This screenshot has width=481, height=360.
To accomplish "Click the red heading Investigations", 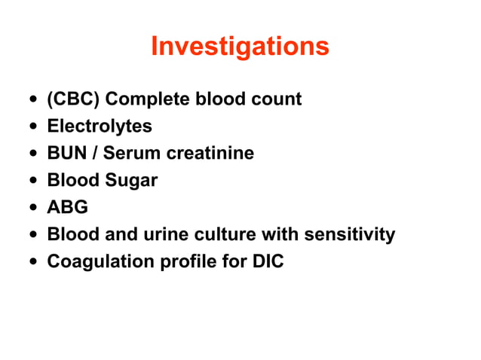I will pos(240,47).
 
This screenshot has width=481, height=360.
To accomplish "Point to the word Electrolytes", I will pos(100,126).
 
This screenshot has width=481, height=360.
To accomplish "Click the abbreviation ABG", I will pos(68,208).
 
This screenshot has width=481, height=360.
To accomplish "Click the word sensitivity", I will pos(349,235).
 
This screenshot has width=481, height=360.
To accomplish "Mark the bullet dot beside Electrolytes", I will pos(31,127).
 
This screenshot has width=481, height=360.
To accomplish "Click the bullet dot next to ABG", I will pos(31,209).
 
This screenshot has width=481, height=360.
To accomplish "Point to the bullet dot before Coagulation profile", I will pos(31,263).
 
